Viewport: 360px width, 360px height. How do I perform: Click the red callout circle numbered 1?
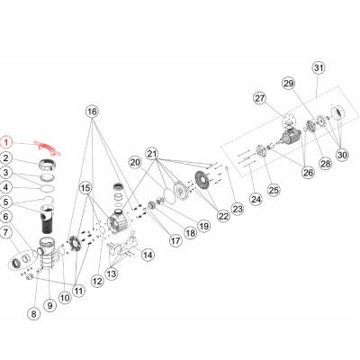click(6, 142)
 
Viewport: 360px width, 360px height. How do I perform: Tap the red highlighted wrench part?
click(47, 148)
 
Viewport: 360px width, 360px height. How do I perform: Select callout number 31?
click(319, 68)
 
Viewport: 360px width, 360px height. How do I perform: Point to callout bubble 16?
click(92, 112)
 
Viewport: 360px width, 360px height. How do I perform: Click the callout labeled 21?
click(152, 154)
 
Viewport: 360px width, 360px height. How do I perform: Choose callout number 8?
click(33, 314)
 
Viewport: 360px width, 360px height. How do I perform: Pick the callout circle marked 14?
click(148, 255)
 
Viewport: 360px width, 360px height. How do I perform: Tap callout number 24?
click(256, 199)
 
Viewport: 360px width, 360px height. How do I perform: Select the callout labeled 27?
click(260, 98)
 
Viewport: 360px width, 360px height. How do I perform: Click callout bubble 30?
click(342, 155)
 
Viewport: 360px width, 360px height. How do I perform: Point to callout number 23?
click(238, 209)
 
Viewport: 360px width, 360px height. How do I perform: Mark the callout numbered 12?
click(97, 281)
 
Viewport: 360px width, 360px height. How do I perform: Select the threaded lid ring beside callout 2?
click(48, 165)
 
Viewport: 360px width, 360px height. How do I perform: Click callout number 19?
click(204, 226)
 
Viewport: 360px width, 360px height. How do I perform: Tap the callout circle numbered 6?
click(6, 217)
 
